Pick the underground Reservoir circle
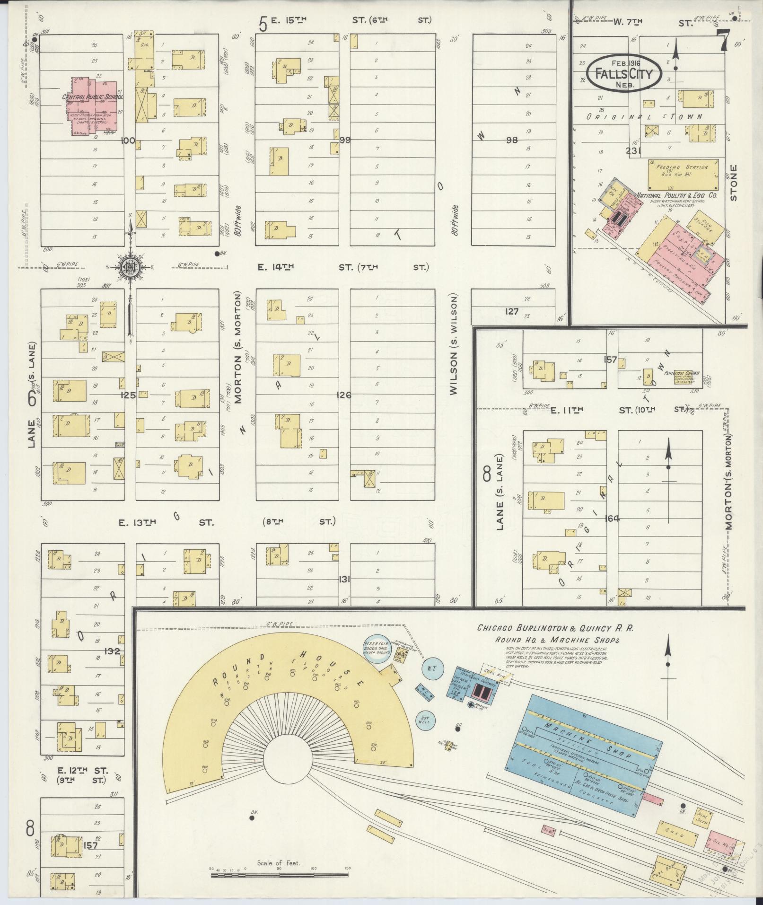377,648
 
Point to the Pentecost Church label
681,373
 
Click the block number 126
344,395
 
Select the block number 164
612,518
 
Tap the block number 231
632,151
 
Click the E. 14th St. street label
275,268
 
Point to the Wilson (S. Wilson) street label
455,345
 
